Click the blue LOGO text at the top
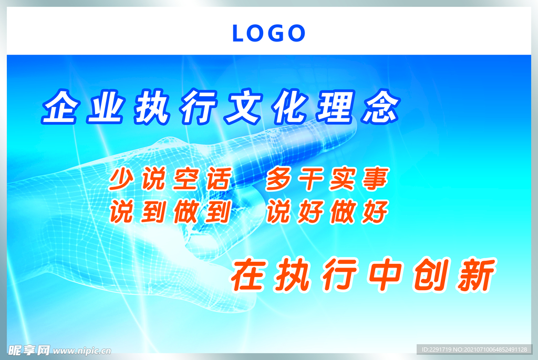[x=268, y=34]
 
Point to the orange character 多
[x=279, y=180]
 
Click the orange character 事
[x=374, y=180]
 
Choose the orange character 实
[x=343, y=180]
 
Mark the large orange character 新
[x=475, y=275]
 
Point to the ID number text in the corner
[x=475, y=349]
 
